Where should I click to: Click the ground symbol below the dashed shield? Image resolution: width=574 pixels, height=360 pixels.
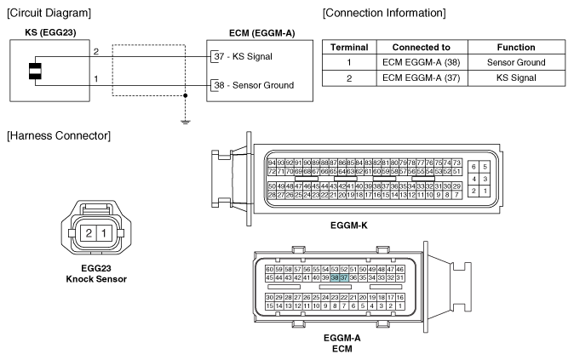(186, 121)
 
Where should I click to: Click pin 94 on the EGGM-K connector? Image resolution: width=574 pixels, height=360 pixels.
(272, 163)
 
